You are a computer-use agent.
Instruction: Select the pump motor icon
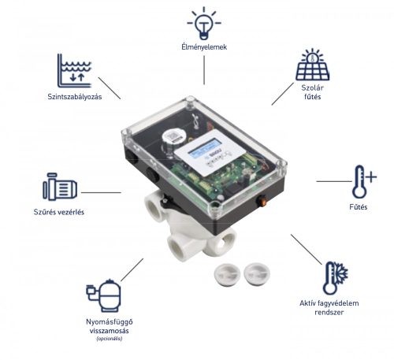(61, 190)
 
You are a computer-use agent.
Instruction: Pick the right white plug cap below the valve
(256, 272)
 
